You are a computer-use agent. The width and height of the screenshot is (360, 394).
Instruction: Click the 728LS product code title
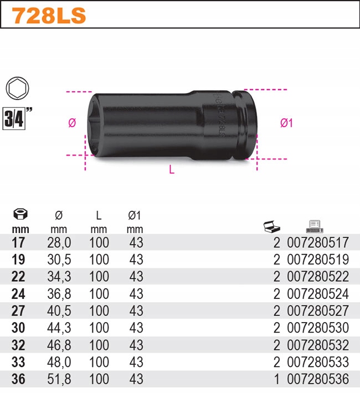49,16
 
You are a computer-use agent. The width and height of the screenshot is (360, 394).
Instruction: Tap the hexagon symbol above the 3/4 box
17,89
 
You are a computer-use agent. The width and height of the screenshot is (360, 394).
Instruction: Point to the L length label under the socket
172,170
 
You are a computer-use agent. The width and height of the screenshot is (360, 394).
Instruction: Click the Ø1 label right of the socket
286,123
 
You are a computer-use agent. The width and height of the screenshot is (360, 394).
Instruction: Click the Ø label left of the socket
71,123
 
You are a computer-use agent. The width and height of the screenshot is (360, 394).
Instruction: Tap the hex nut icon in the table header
20,214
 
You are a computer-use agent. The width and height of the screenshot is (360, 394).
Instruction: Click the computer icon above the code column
314,226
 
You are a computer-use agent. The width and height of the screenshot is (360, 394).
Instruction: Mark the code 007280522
318,277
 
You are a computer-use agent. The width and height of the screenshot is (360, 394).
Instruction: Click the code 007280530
318,328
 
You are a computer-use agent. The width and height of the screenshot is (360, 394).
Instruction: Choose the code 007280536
318,380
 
